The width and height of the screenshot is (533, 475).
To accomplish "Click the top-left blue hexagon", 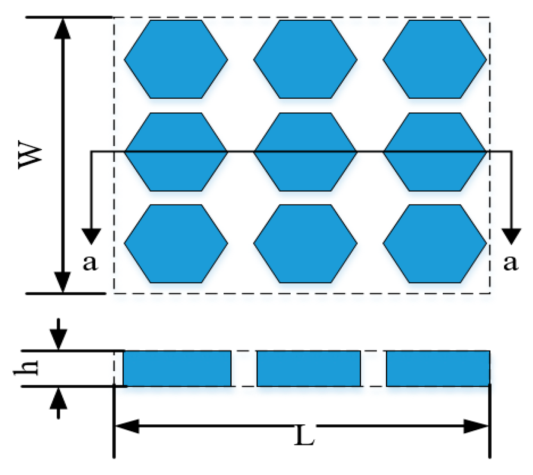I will click(x=176, y=59).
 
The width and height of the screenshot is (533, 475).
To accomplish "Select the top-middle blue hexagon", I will click(x=305, y=59).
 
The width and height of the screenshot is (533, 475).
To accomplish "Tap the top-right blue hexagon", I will click(x=435, y=59).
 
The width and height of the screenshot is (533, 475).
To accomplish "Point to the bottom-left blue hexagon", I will click(x=176, y=244).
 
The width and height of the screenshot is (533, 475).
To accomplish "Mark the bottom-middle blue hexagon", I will click(x=305, y=244).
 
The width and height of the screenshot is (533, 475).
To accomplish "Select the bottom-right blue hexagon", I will click(x=435, y=244).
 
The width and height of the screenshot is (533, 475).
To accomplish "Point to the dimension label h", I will click(x=27, y=367).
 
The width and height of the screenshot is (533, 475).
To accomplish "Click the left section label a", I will click(x=90, y=262).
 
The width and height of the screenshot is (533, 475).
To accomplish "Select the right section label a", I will click(x=510, y=262).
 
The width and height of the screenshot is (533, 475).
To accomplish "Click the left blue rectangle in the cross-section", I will click(x=177, y=368).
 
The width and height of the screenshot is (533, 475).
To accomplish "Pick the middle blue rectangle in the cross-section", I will click(x=309, y=368).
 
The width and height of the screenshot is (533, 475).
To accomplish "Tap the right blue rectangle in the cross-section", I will click(x=438, y=368).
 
